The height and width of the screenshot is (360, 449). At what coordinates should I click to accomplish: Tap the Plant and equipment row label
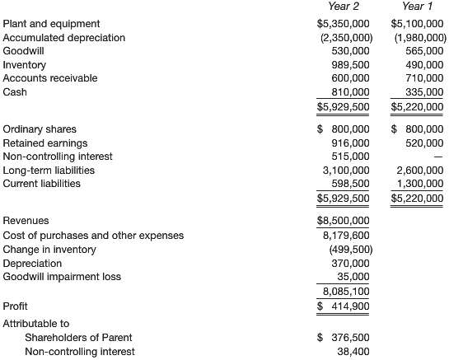tap(51, 24)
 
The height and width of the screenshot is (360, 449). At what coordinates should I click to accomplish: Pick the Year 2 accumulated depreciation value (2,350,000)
tap(345, 38)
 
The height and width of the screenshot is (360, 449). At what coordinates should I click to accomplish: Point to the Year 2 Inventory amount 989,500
tap(349, 64)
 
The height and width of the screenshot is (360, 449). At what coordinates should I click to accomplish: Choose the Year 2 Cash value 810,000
tap(349, 91)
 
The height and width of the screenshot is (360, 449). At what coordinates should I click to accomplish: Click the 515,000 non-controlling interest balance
tap(349, 157)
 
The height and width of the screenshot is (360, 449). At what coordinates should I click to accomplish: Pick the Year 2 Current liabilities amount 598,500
tap(349, 183)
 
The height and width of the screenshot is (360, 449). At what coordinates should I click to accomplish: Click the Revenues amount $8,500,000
tap(344, 221)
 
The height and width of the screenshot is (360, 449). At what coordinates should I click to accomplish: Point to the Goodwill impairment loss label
tap(62, 276)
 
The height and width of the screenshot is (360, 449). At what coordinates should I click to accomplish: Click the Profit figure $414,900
tap(345, 306)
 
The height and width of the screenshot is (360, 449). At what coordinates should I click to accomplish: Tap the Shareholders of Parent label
tap(78, 337)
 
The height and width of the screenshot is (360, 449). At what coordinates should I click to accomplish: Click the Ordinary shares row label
tap(40, 129)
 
